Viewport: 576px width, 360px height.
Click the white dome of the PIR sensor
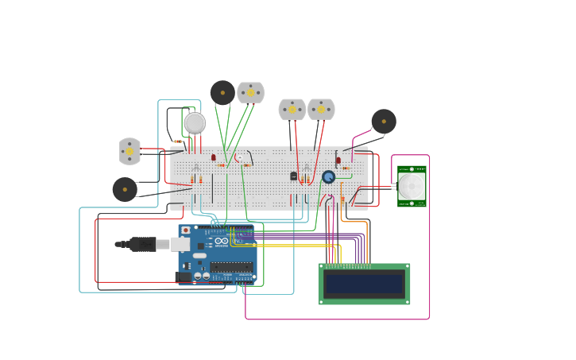point(412,187)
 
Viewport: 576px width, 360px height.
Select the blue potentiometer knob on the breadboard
point(328,177)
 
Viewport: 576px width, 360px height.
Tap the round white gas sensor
point(195,122)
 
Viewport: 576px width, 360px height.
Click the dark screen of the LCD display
point(365,284)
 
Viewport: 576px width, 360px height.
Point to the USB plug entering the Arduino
point(147,244)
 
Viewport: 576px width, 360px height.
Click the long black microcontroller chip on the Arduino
point(232,267)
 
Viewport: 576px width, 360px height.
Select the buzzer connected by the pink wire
point(383,121)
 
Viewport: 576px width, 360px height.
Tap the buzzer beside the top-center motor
point(222,92)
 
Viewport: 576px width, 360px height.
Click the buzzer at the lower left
point(125,189)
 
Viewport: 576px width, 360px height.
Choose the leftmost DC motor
point(130,151)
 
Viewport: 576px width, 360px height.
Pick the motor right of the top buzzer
point(250,92)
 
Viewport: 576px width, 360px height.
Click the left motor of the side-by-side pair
point(292,109)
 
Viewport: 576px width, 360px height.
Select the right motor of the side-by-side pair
point(321,109)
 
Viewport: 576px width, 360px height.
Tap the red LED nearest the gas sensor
point(213,157)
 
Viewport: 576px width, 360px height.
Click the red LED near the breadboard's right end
point(338,160)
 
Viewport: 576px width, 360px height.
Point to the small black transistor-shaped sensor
point(293,176)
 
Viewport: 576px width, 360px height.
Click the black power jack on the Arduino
point(184,277)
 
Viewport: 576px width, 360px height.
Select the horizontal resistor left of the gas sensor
point(178,141)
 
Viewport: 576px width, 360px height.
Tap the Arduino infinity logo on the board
point(221,241)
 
